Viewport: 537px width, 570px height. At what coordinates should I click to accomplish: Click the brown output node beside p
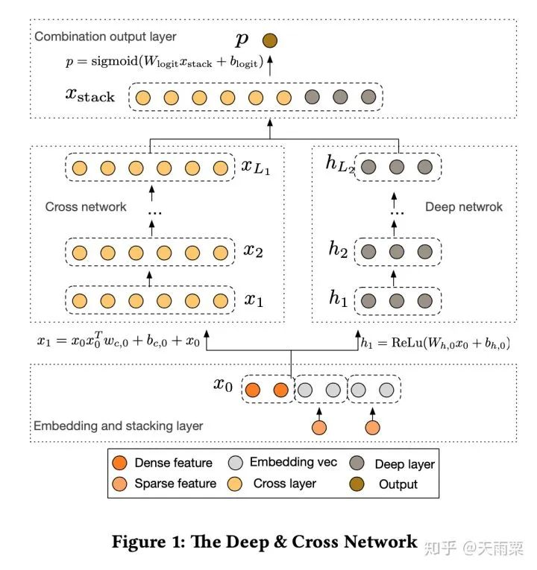269,40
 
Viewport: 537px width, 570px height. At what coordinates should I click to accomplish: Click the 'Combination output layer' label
105,37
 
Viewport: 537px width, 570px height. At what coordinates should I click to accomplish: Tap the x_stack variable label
90,95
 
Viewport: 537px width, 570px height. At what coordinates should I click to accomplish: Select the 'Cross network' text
86,207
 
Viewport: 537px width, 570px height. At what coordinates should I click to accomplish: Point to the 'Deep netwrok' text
463,207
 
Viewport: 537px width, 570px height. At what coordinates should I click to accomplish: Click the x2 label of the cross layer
254,250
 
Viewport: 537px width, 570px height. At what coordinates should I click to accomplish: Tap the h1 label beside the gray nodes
338,298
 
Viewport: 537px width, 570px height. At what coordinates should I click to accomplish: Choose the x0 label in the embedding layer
223,384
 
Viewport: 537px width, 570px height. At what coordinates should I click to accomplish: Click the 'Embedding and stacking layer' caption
119,425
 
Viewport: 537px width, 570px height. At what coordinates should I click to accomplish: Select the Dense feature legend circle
119,463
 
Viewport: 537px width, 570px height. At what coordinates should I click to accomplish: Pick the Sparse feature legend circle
119,484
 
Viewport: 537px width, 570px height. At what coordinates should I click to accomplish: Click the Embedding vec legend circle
236,463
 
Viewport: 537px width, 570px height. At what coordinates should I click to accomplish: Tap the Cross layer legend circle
235,484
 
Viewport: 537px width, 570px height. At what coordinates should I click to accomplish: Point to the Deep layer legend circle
357,463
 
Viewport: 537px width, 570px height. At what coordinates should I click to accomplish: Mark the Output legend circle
357,484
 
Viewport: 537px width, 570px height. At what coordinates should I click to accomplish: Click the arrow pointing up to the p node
270,66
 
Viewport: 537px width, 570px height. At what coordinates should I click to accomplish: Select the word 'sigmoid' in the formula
115,61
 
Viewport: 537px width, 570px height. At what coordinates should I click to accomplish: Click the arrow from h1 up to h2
393,279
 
